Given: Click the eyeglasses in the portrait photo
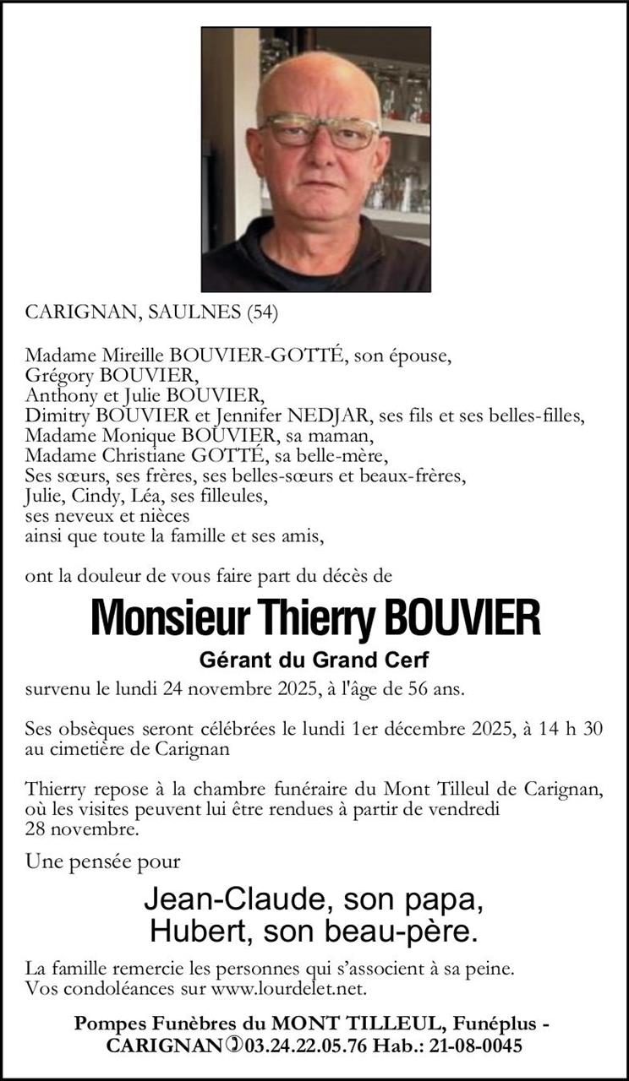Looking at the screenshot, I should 320,132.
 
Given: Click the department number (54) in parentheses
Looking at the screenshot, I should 261,312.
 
